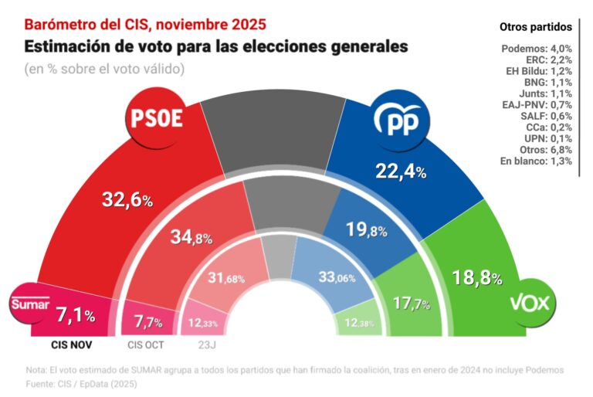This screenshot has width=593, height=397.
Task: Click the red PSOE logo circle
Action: click(x=155, y=120)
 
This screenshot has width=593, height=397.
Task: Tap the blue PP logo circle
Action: click(x=398, y=120)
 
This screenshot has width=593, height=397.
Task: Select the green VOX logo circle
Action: click(x=530, y=302)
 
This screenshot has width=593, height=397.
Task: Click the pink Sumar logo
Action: click(x=29, y=304)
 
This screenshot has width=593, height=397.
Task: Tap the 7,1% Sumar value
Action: click(x=76, y=315)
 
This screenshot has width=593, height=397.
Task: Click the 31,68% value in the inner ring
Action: click(x=227, y=277)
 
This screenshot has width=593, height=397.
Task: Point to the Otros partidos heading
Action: click(x=535, y=27)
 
